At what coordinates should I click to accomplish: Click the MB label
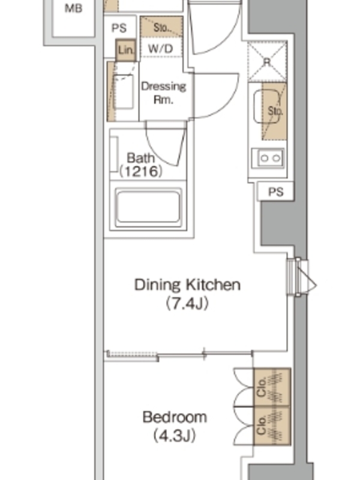point(73,8)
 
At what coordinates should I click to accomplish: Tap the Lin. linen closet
point(125,50)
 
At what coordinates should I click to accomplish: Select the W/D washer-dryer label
point(160,49)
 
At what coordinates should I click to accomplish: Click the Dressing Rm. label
point(163,93)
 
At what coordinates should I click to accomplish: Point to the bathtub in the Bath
point(148,206)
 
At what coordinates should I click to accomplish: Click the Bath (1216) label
point(140,164)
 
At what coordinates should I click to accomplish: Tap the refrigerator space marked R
point(267,62)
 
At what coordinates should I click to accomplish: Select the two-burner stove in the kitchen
point(268,158)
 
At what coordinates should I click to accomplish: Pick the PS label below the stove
point(276,192)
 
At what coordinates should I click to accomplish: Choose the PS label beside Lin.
point(119,28)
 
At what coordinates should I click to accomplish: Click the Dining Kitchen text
point(187,284)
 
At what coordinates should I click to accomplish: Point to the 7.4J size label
point(187,304)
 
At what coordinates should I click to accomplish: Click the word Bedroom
point(175,417)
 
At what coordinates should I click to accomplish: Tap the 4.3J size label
point(175,436)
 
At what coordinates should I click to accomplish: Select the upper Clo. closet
point(272,387)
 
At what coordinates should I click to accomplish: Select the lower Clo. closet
point(272,425)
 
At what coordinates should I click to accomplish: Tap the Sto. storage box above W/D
point(161,27)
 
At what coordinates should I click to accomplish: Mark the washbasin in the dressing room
point(123,92)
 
